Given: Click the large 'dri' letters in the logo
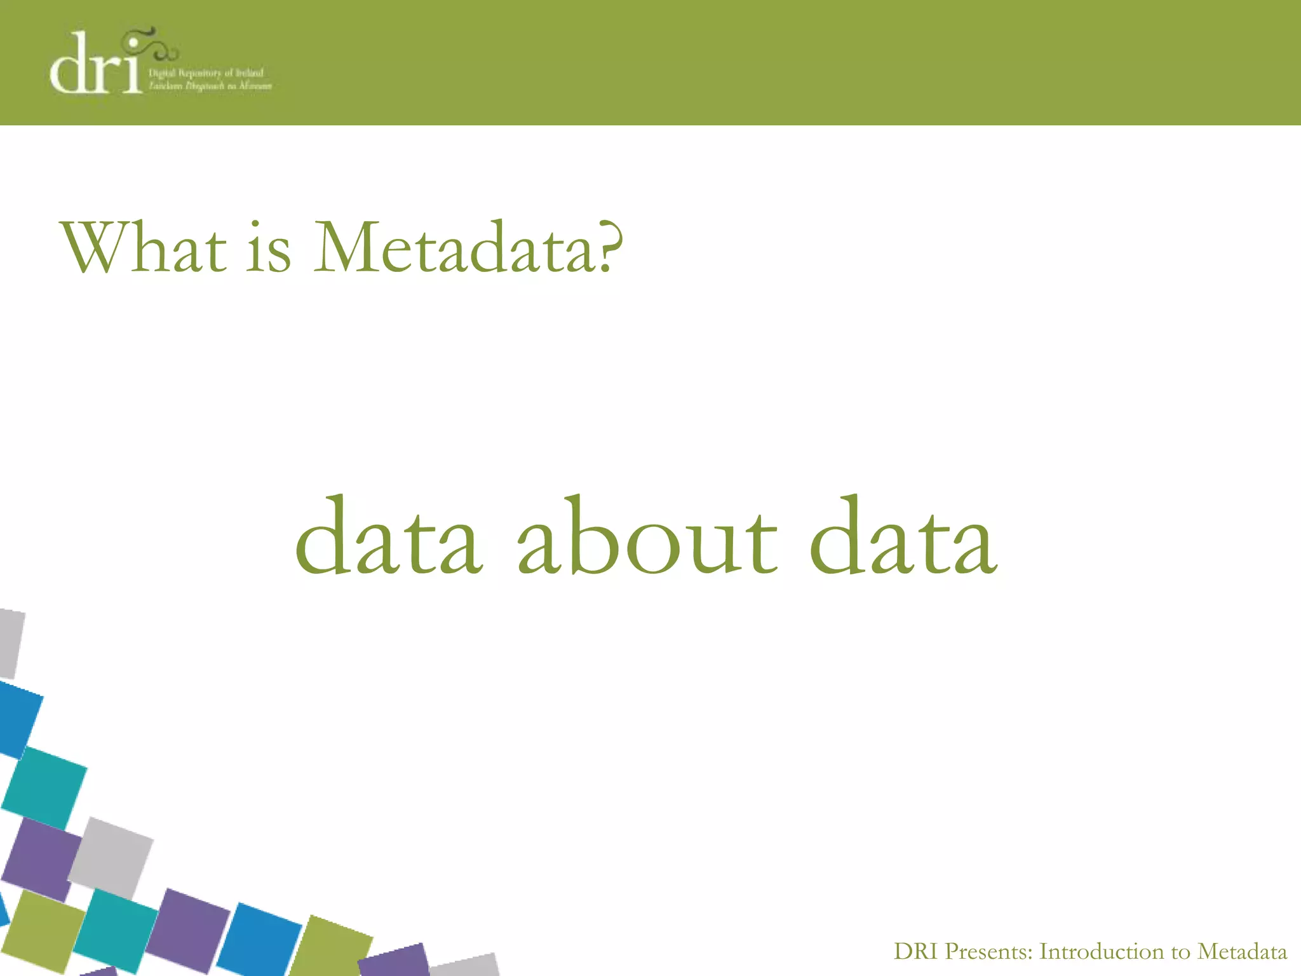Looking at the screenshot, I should (95, 67).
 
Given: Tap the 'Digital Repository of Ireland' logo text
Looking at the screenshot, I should (206, 73).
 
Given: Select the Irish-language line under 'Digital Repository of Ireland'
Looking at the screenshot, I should (210, 86).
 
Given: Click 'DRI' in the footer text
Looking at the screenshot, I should (915, 951).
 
